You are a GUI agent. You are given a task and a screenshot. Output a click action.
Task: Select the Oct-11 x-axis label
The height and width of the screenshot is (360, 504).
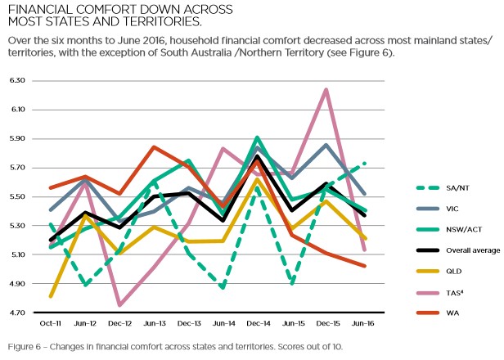pos(52,325)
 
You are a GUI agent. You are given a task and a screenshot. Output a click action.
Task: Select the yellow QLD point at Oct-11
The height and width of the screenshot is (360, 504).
pos(52,296)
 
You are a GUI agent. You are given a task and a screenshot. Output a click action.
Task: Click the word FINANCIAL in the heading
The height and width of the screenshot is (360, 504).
pos(38,9)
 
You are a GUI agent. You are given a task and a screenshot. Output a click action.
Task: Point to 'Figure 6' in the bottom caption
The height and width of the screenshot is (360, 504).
pos(23,347)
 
